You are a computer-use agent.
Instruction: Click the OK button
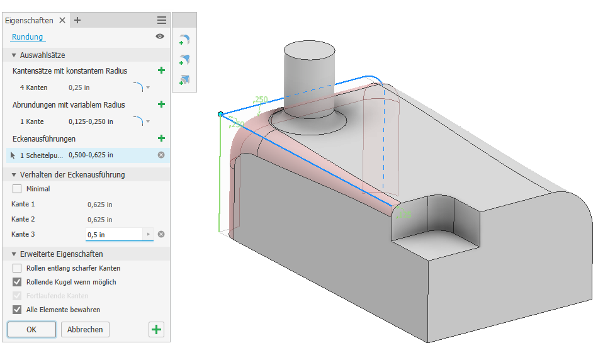pyautogui.click(x=31, y=329)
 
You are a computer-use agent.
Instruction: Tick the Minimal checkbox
pyautogui.click(x=17, y=189)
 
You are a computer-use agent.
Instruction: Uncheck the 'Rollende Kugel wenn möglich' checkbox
pyautogui.click(x=17, y=282)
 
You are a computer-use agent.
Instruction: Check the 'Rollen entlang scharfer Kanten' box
pyautogui.click(x=17, y=268)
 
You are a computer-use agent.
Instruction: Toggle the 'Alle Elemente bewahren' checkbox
pyautogui.click(x=17, y=310)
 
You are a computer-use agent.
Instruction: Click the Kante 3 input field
pyautogui.click(x=115, y=235)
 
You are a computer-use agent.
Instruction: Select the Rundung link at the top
pyautogui.click(x=28, y=37)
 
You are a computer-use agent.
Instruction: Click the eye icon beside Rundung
pyautogui.click(x=160, y=37)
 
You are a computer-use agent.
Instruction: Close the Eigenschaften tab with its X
pyautogui.click(x=62, y=20)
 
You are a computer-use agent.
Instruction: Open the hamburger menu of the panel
pyautogui.click(x=162, y=20)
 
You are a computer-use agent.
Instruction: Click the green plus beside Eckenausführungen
pyautogui.click(x=161, y=138)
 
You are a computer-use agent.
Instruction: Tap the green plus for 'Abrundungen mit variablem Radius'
pyautogui.click(x=161, y=104)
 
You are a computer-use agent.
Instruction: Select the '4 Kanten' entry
pyautogui.click(x=33, y=87)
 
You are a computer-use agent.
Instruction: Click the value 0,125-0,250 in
pyautogui.click(x=91, y=121)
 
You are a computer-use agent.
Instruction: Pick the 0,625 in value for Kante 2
pyautogui.click(x=100, y=220)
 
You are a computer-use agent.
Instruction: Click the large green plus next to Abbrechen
pyautogui.click(x=156, y=329)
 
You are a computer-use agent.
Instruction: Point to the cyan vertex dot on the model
pyautogui.click(x=220, y=114)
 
